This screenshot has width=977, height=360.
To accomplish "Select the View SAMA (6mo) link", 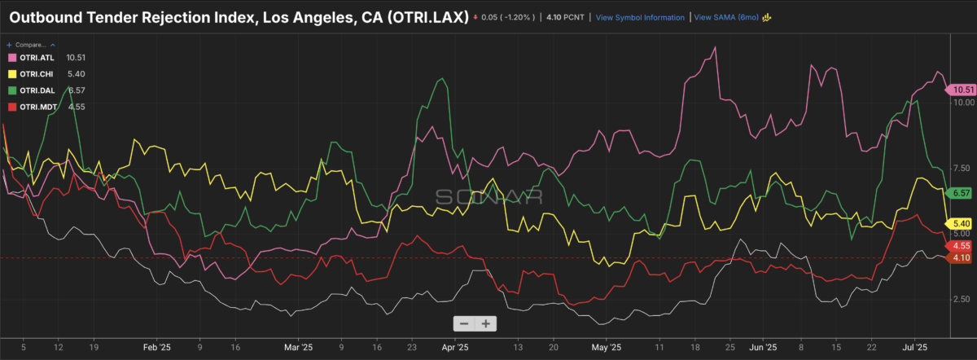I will point(728,16).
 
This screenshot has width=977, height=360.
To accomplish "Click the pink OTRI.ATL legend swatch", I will point(13,58).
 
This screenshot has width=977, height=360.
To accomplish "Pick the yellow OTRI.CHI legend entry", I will point(36,74).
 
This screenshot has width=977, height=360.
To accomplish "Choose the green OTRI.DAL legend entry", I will point(36,90).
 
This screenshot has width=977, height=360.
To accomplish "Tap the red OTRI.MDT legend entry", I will point(36,107).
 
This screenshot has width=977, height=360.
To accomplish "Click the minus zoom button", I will point(464,323).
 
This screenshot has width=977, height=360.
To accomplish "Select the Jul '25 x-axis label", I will point(917,346).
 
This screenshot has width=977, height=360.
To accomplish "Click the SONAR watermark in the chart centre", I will point(488,196).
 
